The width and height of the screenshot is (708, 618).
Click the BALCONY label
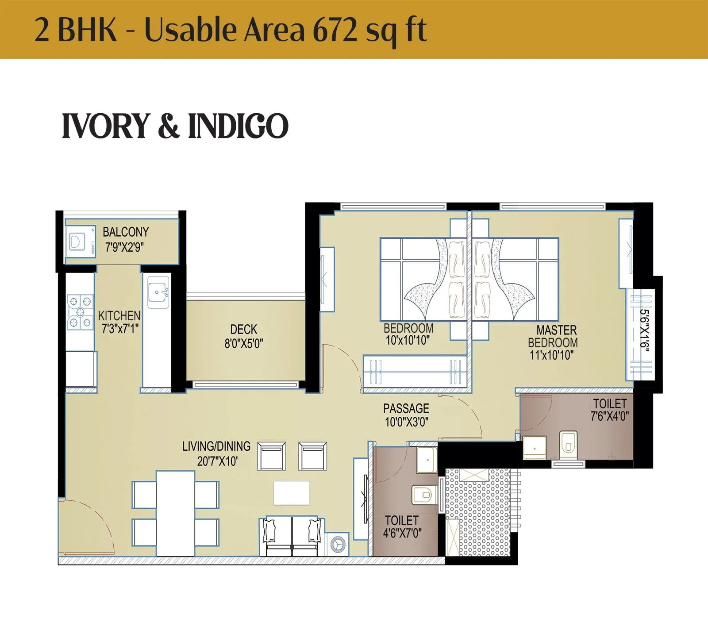[x=126, y=232]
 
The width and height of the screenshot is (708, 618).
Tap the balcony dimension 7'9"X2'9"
[x=124, y=247]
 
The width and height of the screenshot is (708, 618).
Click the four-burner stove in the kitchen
[x=81, y=312]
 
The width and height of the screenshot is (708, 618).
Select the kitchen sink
[x=158, y=292]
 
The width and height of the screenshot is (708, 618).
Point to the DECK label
[x=243, y=330]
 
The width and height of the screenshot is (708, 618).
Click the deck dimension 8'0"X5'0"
[x=243, y=344]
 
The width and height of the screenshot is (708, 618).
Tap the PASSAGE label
[x=406, y=408]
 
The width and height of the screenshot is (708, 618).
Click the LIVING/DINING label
[x=216, y=446]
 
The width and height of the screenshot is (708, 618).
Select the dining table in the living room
[x=175, y=513]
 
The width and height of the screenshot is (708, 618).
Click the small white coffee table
[x=292, y=493]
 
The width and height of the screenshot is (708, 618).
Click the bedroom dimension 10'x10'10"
[x=408, y=341]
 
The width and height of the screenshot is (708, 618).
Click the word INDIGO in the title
[x=239, y=126]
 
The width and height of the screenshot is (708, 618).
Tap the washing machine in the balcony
[x=80, y=242]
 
